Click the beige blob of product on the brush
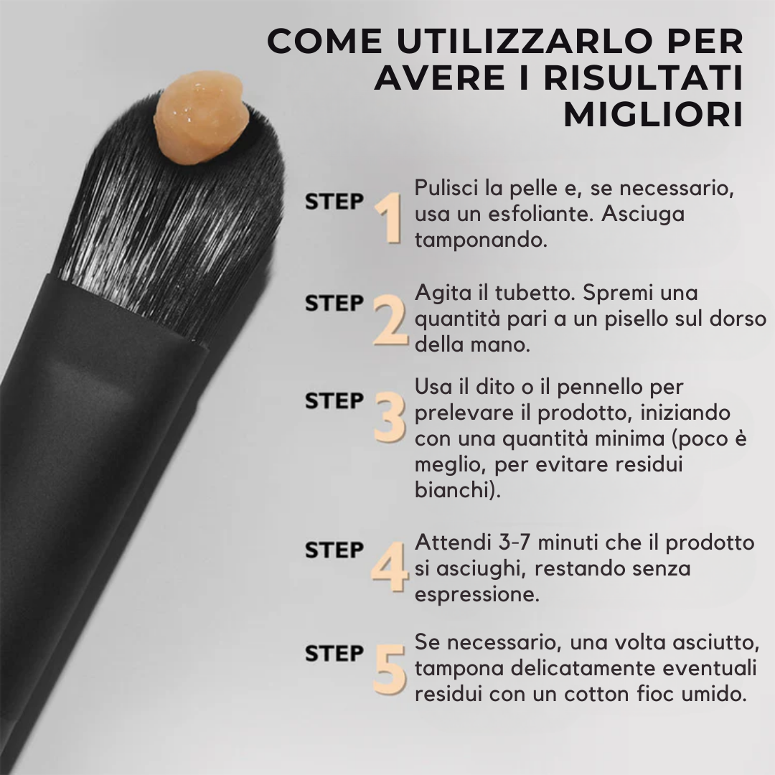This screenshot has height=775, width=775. pyautogui.click(x=201, y=118)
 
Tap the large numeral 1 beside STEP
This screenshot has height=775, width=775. pyautogui.click(x=389, y=218)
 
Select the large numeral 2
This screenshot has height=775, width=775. pyautogui.click(x=390, y=320)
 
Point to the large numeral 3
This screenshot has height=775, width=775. pyautogui.click(x=390, y=417)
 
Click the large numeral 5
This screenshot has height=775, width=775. pyautogui.click(x=390, y=670)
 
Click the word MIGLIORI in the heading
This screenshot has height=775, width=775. pyautogui.click(x=654, y=115)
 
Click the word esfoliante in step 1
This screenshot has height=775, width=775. pyautogui.click(x=540, y=214)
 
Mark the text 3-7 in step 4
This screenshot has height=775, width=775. pyautogui.click(x=515, y=542)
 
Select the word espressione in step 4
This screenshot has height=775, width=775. pyautogui.click(x=476, y=595)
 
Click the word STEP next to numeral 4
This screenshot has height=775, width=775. pyautogui.click(x=334, y=550)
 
